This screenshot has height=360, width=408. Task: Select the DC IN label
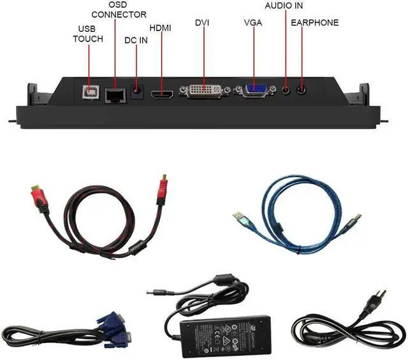(x=136, y=40)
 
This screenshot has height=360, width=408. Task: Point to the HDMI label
(x=160, y=28)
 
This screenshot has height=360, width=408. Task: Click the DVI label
(x=202, y=23)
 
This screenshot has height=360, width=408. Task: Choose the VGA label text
(x=253, y=23)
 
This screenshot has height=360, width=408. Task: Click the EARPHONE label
(x=314, y=23)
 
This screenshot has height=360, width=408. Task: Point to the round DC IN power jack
(x=136, y=92)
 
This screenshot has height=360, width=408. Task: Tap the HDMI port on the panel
(x=162, y=94)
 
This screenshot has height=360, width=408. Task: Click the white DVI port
(x=204, y=91)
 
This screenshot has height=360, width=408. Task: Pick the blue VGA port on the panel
(x=254, y=91)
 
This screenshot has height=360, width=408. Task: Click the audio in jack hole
(x=286, y=90)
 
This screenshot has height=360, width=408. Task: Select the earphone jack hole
(x=300, y=90)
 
